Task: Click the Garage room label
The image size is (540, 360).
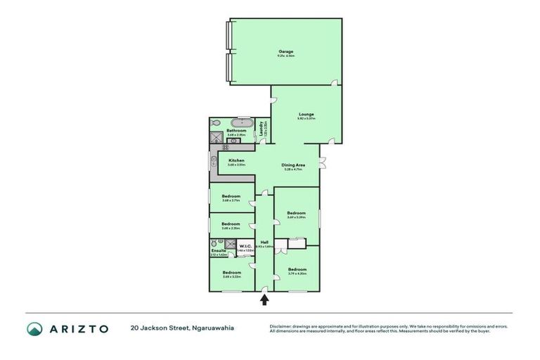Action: [285, 51]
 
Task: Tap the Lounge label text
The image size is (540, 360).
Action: [306, 114]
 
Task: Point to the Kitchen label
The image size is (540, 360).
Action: [236, 161]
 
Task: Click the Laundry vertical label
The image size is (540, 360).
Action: [261, 129]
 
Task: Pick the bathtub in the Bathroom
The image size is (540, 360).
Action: [243, 122]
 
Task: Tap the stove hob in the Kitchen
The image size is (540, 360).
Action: [226, 147]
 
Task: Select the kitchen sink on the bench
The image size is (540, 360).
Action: [213, 162]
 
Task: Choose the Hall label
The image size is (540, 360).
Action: [264, 243]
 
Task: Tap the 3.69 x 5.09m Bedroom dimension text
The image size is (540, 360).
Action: [296, 217]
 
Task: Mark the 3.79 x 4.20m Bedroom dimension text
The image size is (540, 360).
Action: [297, 274]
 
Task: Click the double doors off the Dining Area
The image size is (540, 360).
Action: [322, 165]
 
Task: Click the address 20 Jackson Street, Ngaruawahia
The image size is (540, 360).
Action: [181, 328]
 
